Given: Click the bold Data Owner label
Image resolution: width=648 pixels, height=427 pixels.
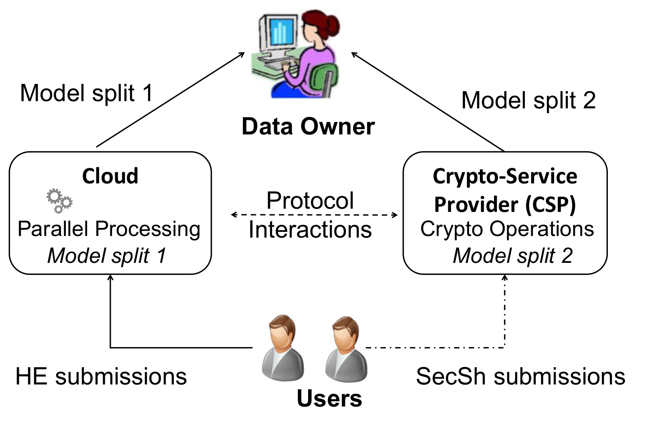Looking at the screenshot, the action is (308, 127).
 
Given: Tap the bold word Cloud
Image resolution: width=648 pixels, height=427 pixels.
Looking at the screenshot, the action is (110, 176).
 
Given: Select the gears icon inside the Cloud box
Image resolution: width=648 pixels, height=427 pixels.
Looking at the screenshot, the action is (59, 201).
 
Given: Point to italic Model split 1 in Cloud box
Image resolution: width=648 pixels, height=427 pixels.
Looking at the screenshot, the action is (107, 256).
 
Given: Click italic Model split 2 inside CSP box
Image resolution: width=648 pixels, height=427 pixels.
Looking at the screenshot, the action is (513, 256).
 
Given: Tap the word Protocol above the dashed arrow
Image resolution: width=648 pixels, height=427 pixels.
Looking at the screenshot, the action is (310, 200).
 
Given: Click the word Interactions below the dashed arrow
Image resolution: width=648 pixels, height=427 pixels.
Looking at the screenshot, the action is (310, 230).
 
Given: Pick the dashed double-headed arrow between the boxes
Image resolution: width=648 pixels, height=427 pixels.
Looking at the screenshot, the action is (314, 215).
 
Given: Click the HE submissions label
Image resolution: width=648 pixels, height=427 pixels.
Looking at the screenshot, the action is (101, 376).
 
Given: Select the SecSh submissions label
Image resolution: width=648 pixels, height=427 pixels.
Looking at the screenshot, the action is (521, 376).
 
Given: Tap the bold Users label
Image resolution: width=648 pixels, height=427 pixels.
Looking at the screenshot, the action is (329, 399).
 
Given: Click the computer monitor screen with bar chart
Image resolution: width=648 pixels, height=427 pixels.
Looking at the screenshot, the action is (280, 32).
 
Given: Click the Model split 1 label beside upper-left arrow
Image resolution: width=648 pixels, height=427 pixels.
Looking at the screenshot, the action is (87, 93).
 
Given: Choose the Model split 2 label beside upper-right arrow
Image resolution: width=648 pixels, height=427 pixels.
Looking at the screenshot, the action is (528, 100).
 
